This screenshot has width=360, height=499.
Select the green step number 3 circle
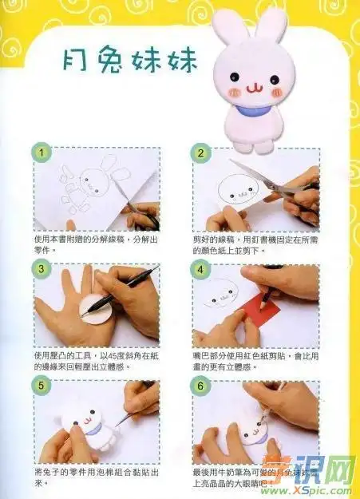pyautogui.click(x=38, y=271)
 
